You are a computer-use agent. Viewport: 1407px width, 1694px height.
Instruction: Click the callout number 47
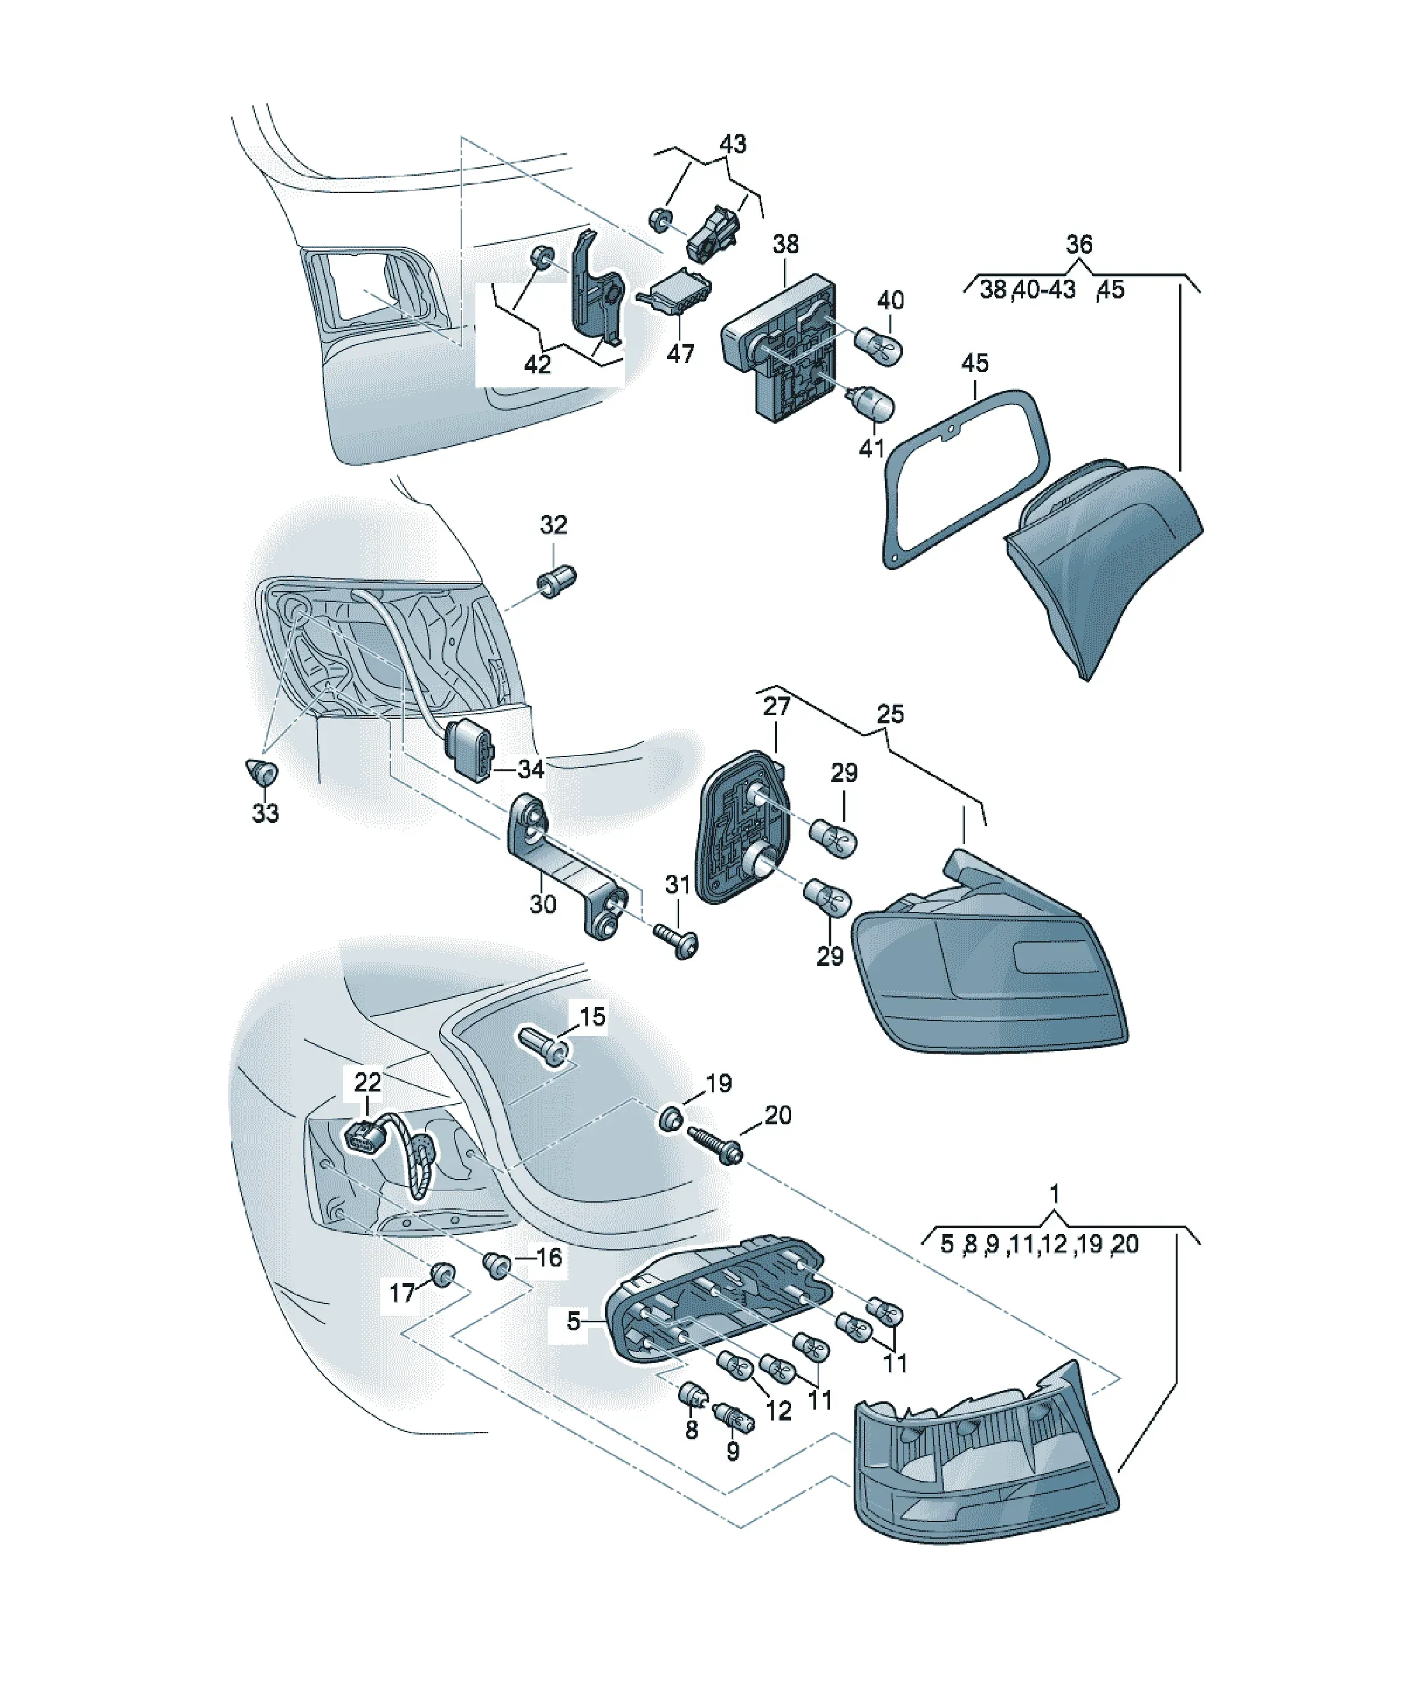click(x=680, y=353)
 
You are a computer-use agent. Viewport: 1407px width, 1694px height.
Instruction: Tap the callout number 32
click(x=553, y=525)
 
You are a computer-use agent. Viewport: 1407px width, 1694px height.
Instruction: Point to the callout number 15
click(x=592, y=1017)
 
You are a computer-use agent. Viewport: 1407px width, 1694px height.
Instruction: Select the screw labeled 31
click(x=676, y=941)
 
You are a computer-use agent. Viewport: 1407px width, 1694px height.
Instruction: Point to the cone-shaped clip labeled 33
click(x=261, y=772)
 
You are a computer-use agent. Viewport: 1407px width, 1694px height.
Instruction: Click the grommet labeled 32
click(x=557, y=580)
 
